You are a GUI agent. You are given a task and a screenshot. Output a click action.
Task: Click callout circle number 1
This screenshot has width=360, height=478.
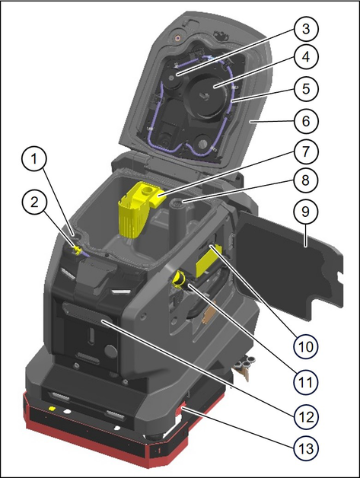click(x=34, y=160)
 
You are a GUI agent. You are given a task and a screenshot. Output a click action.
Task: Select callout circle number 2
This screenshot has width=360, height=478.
click(x=34, y=202)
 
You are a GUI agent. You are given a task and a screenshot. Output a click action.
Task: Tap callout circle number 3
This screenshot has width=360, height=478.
click(x=306, y=29)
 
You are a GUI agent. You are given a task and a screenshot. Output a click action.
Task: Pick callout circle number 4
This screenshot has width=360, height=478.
click(x=306, y=57)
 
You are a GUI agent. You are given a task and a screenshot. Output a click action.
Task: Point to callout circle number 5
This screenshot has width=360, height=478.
click(x=306, y=89)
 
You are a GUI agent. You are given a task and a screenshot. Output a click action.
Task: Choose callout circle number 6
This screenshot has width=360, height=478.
click(x=306, y=121)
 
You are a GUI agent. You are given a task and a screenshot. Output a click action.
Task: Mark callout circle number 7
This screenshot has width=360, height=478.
click(x=306, y=151)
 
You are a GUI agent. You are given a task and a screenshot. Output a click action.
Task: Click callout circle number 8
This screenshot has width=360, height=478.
click(x=306, y=180)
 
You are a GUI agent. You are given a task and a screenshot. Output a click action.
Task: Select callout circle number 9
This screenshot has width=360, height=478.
click(x=306, y=212)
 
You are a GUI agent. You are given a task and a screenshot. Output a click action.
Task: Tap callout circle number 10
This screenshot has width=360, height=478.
click(x=306, y=346)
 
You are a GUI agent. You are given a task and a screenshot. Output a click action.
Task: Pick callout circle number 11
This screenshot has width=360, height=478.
click(x=306, y=382)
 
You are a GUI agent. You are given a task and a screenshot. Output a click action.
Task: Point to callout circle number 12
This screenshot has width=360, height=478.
click(x=306, y=416)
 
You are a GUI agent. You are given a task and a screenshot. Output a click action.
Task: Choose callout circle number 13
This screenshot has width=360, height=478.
click(x=306, y=449)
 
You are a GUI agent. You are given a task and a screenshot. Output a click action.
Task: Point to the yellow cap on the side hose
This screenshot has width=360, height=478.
click(x=178, y=279)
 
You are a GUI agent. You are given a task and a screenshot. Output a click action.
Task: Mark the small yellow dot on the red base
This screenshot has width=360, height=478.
click(x=52, y=409)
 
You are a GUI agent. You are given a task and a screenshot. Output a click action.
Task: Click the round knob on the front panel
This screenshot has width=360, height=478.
click(x=110, y=351)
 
